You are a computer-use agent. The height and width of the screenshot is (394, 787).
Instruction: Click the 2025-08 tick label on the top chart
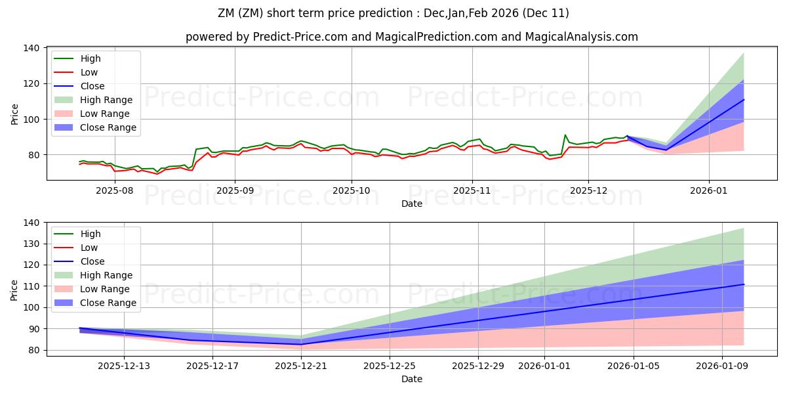tap(115, 190)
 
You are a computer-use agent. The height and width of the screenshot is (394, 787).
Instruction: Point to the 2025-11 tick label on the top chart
tap(472, 190)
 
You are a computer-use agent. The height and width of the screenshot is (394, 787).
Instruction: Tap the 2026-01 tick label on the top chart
tap(708, 190)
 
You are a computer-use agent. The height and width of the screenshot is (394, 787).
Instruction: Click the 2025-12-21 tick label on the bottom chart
tap(301, 365)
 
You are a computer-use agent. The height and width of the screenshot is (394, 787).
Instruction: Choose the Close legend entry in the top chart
tap(92, 86)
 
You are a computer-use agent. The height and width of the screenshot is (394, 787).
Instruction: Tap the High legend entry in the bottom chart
tap(91, 234)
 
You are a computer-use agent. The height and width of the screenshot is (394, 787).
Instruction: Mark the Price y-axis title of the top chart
tap(14, 113)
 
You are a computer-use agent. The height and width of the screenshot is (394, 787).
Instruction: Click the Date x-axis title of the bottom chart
tap(411, 379)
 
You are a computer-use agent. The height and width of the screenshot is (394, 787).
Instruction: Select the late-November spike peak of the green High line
tap(565, 135)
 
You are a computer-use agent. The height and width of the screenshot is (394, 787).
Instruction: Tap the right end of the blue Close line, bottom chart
tap(744, 284)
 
